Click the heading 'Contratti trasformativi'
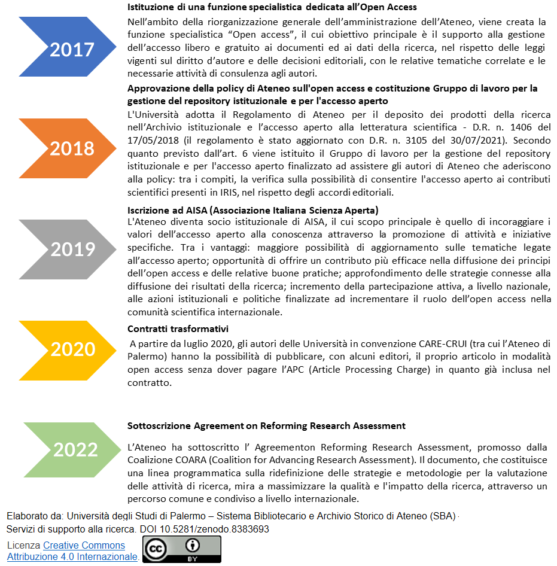[x=178, y=329]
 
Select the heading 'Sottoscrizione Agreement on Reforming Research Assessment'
[x=266, y=426]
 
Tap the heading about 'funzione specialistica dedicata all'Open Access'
[x=272, y=7]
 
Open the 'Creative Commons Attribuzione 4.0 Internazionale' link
[x=84, y=551]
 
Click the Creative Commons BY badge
[x=181, y=549]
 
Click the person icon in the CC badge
[x=193, y=546]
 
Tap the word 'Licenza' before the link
[x=24, y=546]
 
